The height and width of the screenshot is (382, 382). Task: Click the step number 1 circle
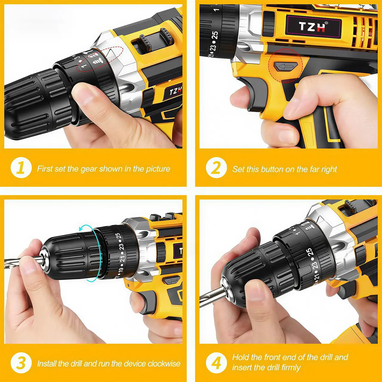[x=21, y=167]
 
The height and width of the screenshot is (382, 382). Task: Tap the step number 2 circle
[x=216, y=167]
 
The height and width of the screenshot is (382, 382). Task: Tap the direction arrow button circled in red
[x=286, y=66]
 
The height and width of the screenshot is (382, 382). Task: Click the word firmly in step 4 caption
[x=289, y=367]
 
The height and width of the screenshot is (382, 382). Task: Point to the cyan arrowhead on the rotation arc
[x=81, y=229]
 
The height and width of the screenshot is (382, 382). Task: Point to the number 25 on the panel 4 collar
[x=310, y=252]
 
